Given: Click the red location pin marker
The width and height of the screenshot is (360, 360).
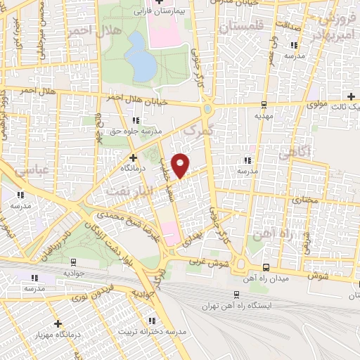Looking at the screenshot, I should point(181,165).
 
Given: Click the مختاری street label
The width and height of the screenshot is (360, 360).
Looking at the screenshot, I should point(305,200).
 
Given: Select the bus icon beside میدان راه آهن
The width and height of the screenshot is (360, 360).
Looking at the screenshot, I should point(265,267).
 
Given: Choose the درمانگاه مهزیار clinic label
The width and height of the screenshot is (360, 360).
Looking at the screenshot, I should point(58,334).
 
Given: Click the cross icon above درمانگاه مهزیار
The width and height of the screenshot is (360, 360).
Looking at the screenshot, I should point(58,323).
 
